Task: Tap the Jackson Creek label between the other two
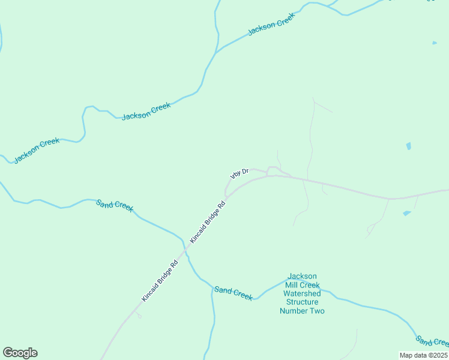click(x=146, y=111)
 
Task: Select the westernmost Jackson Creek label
click(x=37, y=150)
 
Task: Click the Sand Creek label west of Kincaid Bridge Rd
click(x=115, y=205)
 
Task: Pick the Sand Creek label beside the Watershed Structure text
click(x=234, y=293)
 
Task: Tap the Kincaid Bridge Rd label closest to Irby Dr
click(x=208, y=221)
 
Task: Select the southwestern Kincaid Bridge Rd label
click(x=160, y=280)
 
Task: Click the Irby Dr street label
click(x=239, y=173)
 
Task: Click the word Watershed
click(x=302, y=293)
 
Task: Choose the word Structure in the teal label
click(x=302, y=302)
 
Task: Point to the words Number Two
click(x=302, y=311)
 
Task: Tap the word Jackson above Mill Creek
click(x=302, y=276)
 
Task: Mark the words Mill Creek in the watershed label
click(x=302, y=285)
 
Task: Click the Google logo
click(x=20, y=353)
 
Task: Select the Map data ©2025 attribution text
click(x=423, y=355)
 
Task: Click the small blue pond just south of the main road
click(x=407, y=213)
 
